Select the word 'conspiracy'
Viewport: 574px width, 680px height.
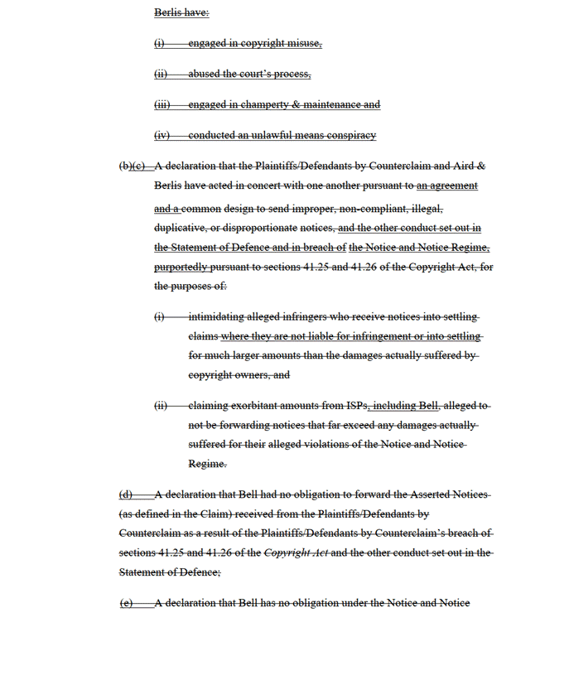click(349, 135)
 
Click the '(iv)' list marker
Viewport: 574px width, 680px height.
click(162, 135)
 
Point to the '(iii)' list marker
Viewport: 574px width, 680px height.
click(162, 104)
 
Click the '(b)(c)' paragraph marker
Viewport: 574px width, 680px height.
click(133, 166)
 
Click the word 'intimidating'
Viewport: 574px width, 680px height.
click(216, 316)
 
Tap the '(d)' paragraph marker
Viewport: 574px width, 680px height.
click(126, 494)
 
